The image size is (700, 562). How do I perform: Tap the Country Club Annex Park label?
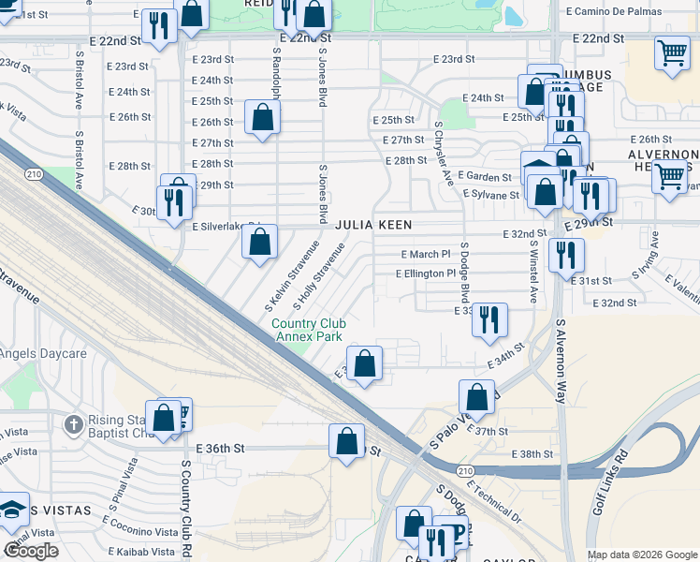point(306,331)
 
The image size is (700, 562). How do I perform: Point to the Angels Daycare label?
point(43,353)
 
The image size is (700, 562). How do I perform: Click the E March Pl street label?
point(425,254)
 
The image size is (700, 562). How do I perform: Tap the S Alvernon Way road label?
point(561,362)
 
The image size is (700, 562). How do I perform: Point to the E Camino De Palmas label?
point(613,11)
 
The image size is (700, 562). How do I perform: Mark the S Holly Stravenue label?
point(319,276)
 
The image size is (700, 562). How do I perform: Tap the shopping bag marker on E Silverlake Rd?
point(259,242)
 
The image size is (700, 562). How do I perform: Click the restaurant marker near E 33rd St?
point(489,320)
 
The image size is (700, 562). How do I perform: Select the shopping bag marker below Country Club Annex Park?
point(364,363)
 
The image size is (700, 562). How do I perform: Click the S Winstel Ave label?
point(532,272)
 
